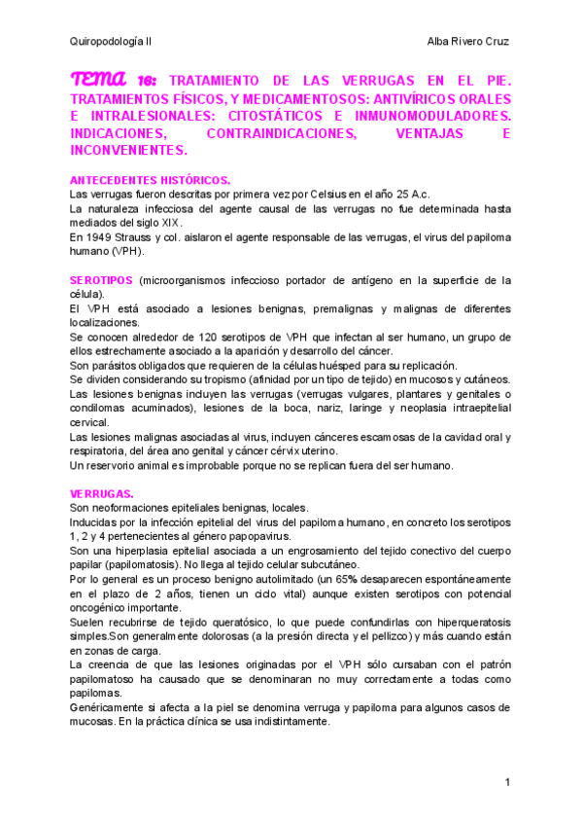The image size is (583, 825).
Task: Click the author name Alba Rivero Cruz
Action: [x=468, y=42]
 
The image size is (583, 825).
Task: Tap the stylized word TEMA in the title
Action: [x=97, y=80]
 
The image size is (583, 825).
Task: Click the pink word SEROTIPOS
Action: [x=102, y=280]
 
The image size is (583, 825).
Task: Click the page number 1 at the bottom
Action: [x=507, y=782]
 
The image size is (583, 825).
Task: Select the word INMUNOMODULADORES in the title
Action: [x=426, y=116]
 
